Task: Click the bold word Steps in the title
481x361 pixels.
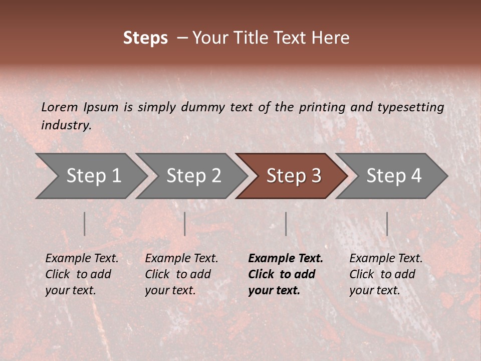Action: point(145,38)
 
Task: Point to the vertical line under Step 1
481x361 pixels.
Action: point(85,224)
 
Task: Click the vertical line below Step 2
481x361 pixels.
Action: point(185,224)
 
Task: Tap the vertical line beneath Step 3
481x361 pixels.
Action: point(286,224)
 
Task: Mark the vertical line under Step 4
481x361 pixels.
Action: point(387,224)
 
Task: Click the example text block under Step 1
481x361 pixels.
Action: point(81,274)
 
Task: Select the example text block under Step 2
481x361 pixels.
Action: point(181,274)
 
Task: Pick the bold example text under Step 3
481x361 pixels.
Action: point(285,274)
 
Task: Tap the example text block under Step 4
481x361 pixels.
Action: point(385,274)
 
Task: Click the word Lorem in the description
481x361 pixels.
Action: point(59,107)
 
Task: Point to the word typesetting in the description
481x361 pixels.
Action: point(410,107)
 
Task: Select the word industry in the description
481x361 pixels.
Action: point(66,125)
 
